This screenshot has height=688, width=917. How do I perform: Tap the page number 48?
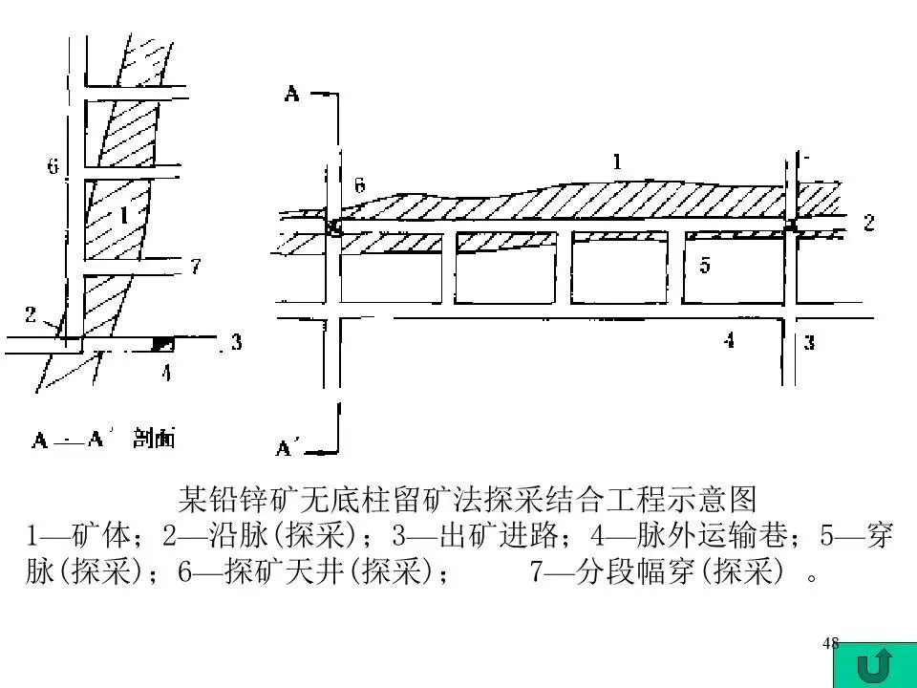tap(830, 643)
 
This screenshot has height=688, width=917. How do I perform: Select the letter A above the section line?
tap(292, 93)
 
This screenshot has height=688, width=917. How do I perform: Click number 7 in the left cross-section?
tap(196, 267)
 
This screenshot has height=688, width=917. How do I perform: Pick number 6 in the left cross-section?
tap(53, 166)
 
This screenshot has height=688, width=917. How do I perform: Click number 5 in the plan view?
tap(705, 266)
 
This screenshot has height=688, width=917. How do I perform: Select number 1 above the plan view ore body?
tap(617, 162)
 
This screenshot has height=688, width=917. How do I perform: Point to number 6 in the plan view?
tap(359, 185)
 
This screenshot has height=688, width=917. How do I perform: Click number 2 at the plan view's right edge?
tap(868, 224)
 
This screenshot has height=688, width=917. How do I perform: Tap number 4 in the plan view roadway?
tap(729, 339)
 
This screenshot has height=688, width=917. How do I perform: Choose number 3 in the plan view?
tap(809, 343)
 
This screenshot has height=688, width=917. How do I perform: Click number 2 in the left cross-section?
tap(31, 312)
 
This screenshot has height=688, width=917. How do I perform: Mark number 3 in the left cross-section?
tap(235, 342)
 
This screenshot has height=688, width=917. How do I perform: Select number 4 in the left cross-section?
tap(165, 374)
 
